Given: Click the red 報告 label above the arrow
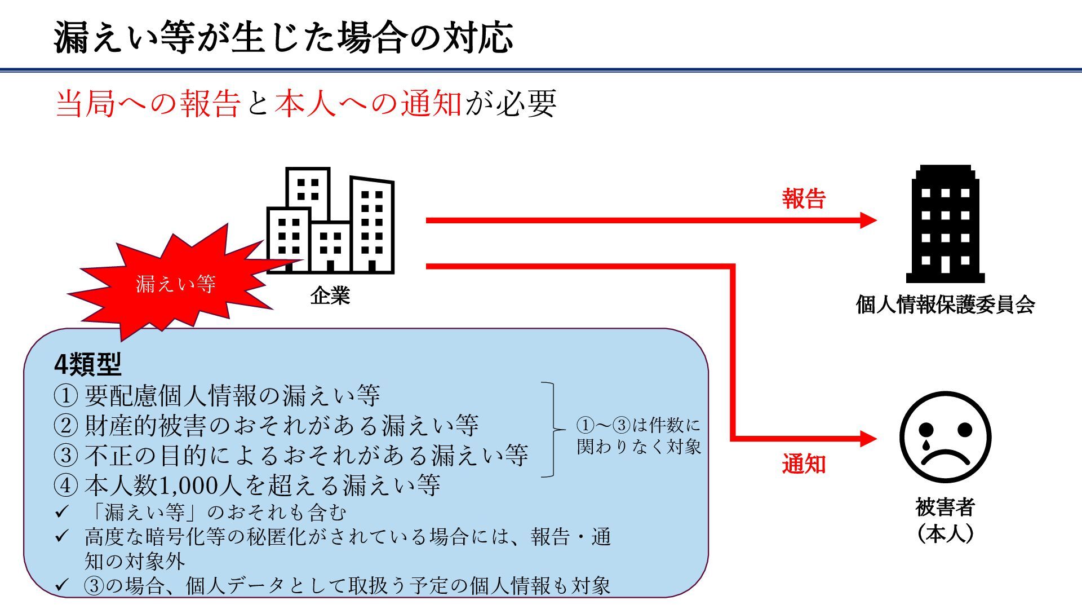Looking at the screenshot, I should point(803,199).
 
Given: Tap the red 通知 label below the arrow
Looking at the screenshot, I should point(803,464).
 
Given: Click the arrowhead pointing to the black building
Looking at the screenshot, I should point(868,220).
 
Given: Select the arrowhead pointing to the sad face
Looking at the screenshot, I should point(868,438).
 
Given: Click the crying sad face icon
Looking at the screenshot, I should point(945,437).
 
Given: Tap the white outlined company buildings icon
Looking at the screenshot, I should point(330,221).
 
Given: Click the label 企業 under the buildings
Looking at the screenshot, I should point(330,295).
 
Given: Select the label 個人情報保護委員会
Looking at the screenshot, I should point(945,304).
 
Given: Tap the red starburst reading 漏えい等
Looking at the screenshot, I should point(176,284).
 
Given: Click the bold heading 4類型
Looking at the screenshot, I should point(87,365).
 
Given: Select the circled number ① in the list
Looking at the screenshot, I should point(65,396).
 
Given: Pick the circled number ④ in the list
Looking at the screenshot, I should point(65,486).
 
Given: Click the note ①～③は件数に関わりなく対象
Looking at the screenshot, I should point(638,435).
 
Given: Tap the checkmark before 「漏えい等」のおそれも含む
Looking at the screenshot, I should point(61,512).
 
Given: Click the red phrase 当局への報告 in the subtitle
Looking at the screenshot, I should point(148,104).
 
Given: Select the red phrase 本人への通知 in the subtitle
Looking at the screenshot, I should point(368,104).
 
